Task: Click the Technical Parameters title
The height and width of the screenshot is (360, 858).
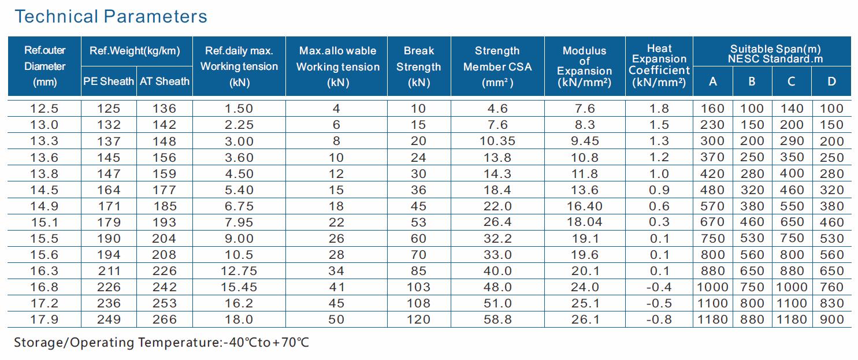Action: point(111,16)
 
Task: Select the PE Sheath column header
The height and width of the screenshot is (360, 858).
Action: point(109,81)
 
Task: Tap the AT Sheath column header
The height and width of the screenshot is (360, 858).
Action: point(164,81)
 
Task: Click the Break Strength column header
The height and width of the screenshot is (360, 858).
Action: point(419,66)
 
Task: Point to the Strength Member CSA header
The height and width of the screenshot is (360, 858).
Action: point(497,66)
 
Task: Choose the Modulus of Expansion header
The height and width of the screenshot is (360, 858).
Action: point(584,66)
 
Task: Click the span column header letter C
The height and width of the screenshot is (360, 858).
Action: point(791,81)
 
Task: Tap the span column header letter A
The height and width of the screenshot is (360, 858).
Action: point(712,81)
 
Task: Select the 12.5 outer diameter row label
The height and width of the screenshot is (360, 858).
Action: point(44,109)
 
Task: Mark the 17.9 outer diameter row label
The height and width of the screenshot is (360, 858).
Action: point(44,320)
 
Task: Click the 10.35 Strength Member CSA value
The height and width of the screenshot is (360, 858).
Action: point(497,141)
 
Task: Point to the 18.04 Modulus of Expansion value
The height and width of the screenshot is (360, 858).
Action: point(584,222)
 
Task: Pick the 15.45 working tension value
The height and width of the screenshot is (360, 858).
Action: point(239,287)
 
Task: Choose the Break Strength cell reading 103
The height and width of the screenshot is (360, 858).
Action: point(418,287)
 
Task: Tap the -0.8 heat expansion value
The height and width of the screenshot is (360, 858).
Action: point(659,320)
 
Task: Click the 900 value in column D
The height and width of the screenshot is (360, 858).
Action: point(831,320)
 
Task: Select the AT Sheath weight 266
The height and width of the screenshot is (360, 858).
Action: point(164,320)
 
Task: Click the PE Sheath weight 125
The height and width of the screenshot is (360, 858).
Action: point(109,109)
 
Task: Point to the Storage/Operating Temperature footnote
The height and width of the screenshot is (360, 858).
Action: point(161,343)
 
